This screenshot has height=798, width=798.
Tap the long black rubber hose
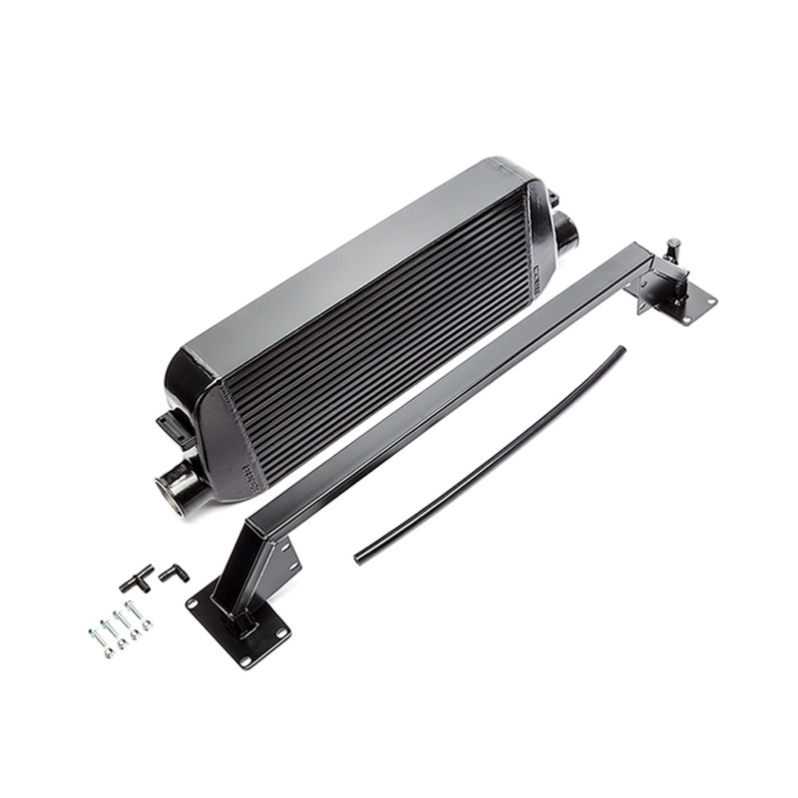click(489, 455)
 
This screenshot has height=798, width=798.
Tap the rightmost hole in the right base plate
click(710, 297)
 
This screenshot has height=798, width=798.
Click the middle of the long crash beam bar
click(449, 389)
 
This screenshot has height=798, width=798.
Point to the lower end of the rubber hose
click(358, 559)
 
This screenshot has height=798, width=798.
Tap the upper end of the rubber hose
click(621, 350)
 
